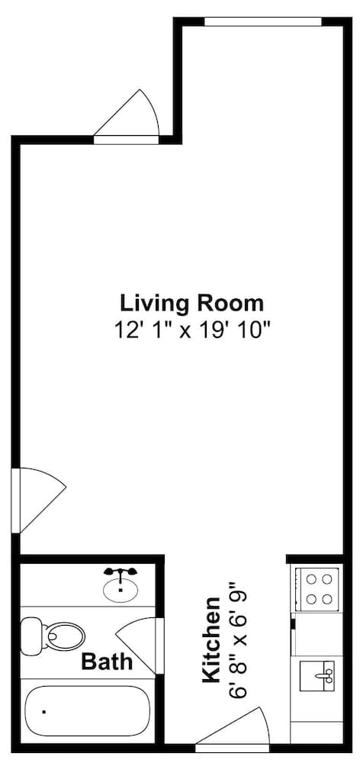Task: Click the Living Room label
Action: point(192,303)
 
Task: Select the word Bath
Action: point(107,662)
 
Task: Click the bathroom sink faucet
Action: point(121,572)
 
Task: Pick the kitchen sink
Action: point(317,675)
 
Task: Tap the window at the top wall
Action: point(262,21)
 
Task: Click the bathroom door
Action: point(138,645)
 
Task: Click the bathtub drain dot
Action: point(43,711)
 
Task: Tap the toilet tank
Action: point(31,633)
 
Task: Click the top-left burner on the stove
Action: point(310,579)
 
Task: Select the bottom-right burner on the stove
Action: point(327,598)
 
